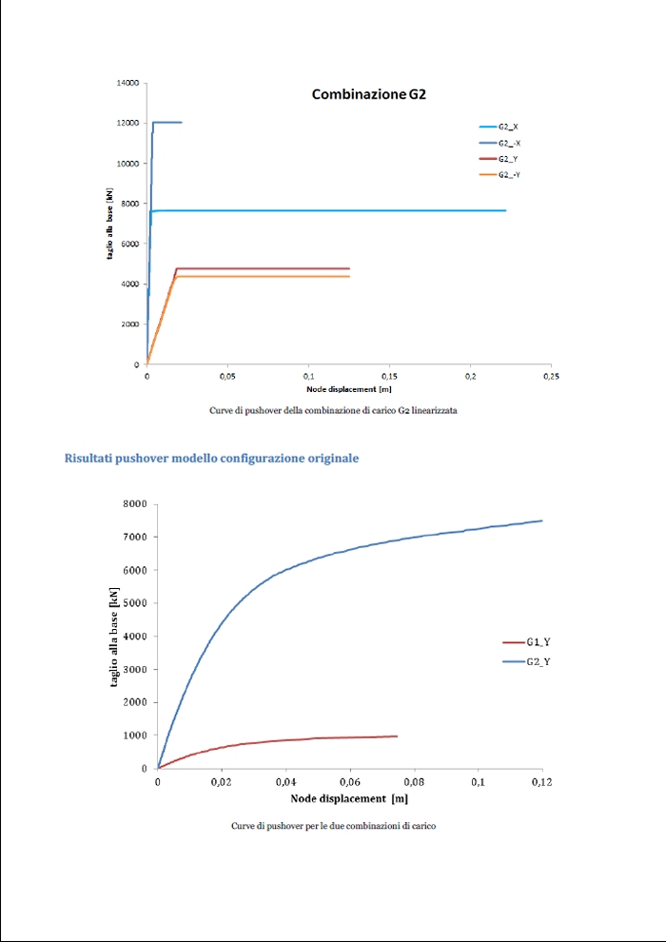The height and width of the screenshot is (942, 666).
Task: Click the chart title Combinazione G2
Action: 373,94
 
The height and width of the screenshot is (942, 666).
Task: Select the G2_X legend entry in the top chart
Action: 508,126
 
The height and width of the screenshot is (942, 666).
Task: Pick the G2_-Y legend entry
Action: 509,175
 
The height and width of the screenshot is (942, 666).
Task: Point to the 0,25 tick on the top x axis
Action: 550,377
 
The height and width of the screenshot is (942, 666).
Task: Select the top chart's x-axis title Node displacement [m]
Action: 349,389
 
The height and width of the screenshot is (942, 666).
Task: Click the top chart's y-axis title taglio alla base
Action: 109,225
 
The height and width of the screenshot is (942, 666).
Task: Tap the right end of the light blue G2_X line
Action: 505,210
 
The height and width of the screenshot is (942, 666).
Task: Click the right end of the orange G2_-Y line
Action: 349,276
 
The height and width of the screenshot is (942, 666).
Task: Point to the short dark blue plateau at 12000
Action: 167,122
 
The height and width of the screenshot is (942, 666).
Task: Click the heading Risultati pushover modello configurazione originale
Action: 211,459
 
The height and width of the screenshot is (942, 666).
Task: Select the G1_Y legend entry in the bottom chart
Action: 539,643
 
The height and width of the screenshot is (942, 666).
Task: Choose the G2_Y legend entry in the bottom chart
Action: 539,660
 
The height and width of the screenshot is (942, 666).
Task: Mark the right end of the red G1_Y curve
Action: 397,736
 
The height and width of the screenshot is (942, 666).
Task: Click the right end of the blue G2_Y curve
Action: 541,520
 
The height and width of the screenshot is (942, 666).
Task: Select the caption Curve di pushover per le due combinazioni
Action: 333,826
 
